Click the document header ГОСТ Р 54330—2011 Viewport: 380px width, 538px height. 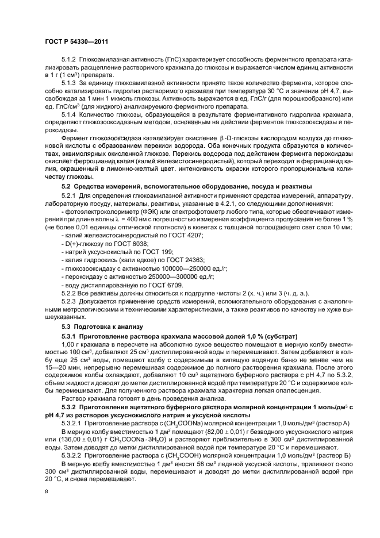click(76, 41)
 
